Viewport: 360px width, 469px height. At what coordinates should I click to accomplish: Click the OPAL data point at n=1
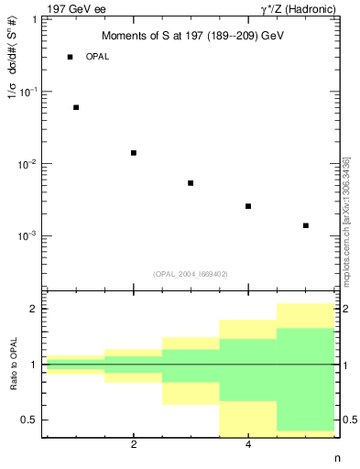pos(76,107)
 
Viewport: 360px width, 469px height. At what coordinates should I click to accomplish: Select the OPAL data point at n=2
pos(134,153)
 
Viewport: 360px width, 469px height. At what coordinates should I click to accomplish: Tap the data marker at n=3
pos(191,183)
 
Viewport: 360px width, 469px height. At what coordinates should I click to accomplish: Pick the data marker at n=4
pos(248,206)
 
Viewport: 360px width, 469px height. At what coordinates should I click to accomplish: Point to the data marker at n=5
pos(306,225)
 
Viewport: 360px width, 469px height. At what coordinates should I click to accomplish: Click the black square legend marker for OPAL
pos(71,57)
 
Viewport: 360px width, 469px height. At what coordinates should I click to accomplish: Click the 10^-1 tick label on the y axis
pos(28,92)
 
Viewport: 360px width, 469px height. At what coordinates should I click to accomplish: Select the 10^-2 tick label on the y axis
pos(28,164)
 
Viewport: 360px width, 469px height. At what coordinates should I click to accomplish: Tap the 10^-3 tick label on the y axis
pos(28,235)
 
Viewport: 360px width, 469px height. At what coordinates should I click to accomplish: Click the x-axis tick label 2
pos(134,444)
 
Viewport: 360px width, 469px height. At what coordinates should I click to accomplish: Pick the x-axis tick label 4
pos(248,444)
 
